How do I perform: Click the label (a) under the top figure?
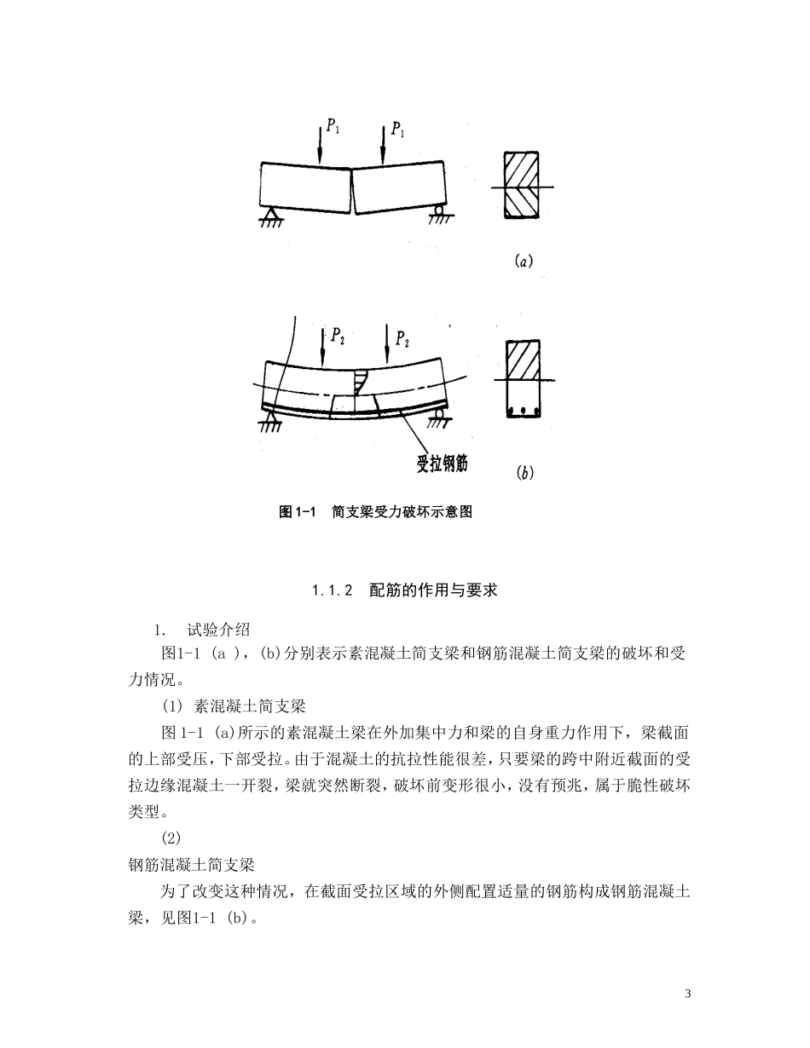coord(524,262)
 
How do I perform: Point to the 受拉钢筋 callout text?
coord(442,464)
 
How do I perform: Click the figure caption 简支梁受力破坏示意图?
coord(402,512)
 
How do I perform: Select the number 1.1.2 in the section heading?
coord(333,590)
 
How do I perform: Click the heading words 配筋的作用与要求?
coord(433,590)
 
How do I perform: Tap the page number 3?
coord(687,994)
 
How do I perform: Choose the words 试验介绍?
coord(218,631)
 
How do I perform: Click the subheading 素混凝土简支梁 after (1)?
coord(251,706)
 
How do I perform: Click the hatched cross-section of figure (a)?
coord(521,186)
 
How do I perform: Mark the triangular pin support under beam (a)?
coord(271,214)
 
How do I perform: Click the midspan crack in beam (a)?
coord(352,187)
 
